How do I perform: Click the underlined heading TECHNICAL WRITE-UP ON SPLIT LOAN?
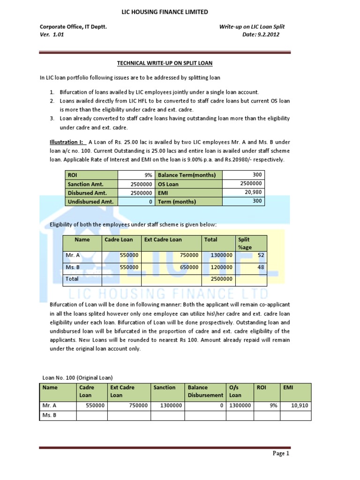point(168,63)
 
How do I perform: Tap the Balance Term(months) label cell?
point(187,175)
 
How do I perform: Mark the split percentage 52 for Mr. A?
point(261,255)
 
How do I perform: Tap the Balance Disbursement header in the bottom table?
point(205,391)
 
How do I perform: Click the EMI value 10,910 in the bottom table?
point(299,406)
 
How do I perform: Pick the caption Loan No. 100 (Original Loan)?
point(77,377)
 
